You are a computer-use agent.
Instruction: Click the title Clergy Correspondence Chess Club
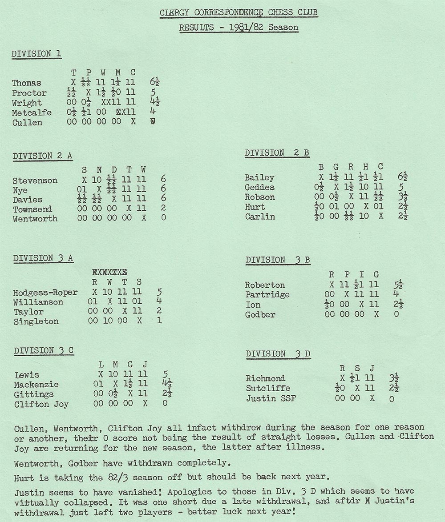tap(239, 12)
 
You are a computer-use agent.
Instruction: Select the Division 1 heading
tap(36, 54)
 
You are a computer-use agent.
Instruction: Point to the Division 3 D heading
tap(278, 354)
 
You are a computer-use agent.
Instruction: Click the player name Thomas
tap(26, 83)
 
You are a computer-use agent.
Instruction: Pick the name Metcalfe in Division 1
tap(32, 112)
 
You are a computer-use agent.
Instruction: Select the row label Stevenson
tap(35, 181)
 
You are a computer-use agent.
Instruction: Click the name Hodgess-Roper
tap(45, 293)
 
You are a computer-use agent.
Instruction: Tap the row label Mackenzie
tap(36, 385)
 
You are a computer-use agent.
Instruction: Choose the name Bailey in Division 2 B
tap(259, 178)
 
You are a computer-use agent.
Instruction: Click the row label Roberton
tap(265, 285)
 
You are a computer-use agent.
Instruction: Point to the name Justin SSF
tap(271, 398)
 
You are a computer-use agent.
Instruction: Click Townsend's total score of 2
tap(164, 209)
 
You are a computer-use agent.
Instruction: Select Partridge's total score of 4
tap(396, 294)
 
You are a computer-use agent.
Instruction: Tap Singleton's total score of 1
tap(159, 321)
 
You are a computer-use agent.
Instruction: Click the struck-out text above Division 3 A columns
tap(109, 272)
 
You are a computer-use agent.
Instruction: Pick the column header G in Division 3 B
tap(376, 275)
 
